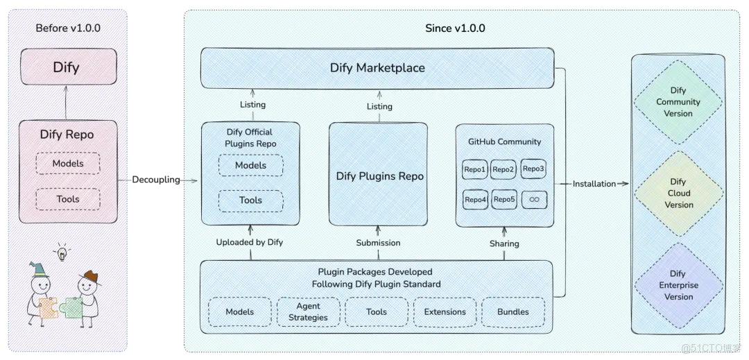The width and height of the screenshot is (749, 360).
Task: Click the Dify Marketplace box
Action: [x=377, y=68]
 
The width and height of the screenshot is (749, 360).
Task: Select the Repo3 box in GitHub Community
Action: [x=533, y=169]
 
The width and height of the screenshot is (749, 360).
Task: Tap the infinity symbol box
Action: [x=534, y=200]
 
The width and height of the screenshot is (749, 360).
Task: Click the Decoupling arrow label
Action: [x=156, y=180]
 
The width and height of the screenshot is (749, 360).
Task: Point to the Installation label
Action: [x=594, y=184]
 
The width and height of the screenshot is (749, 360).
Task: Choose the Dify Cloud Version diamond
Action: [x=678, y=194]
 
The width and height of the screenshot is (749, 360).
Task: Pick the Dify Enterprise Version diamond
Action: [x=678, y=285]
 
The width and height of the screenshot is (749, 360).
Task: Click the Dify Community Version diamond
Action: [x=678, y=102]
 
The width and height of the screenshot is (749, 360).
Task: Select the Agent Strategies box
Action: [x=309, y=311]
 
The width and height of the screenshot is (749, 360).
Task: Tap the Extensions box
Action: [x=445, y=311]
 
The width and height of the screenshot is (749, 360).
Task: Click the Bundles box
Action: [x=513, y=311]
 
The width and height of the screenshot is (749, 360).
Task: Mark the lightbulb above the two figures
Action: [x=62, y=252]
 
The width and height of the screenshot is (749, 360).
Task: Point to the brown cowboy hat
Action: [x=90, y=277]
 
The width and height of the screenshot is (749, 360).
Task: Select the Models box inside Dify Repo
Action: [x=68, y=163]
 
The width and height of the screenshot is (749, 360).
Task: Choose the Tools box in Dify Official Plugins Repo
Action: [x=251, y=200]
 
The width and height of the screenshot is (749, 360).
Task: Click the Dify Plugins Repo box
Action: [x=379, y=174]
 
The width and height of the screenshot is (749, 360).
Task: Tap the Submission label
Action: [x=379, y=243]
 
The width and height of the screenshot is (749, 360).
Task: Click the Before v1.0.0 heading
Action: [x=68, y=28]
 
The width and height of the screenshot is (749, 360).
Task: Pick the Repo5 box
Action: [x=503, y=200]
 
